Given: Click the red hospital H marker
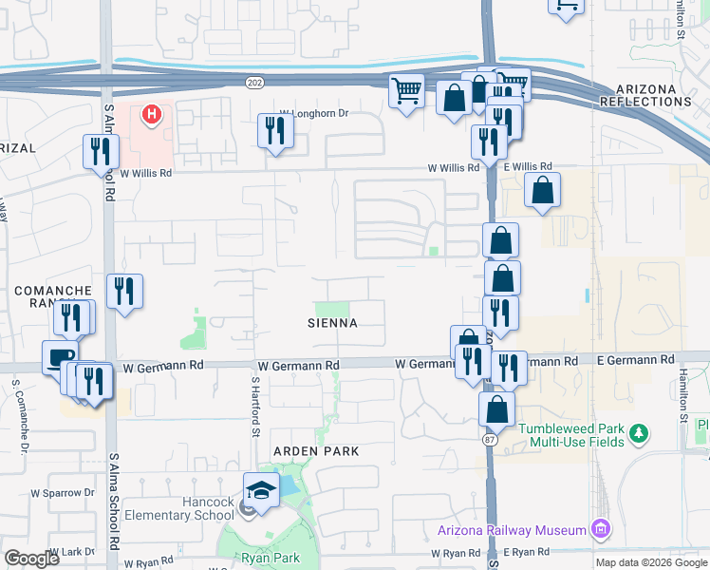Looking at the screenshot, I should [x=150, y=116].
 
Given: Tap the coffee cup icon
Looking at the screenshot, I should [x=60, y=357].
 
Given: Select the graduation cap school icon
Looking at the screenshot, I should [x=261, y=490].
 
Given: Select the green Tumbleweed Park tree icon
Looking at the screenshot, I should [x=640, y=434].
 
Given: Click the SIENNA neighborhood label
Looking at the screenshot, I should [x=332, y=323].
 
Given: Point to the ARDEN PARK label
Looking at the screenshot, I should [x=316, y=450].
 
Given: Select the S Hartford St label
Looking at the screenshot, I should [x=254, y=405].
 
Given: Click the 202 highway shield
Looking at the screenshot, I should [x=202, y=84].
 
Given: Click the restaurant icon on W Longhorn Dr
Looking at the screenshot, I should [x=275, y=131].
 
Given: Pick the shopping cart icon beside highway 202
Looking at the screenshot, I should [x=406, y=91].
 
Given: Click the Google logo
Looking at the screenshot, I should [x=31, y=559].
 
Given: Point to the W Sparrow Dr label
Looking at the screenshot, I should [x=63, y=493].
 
